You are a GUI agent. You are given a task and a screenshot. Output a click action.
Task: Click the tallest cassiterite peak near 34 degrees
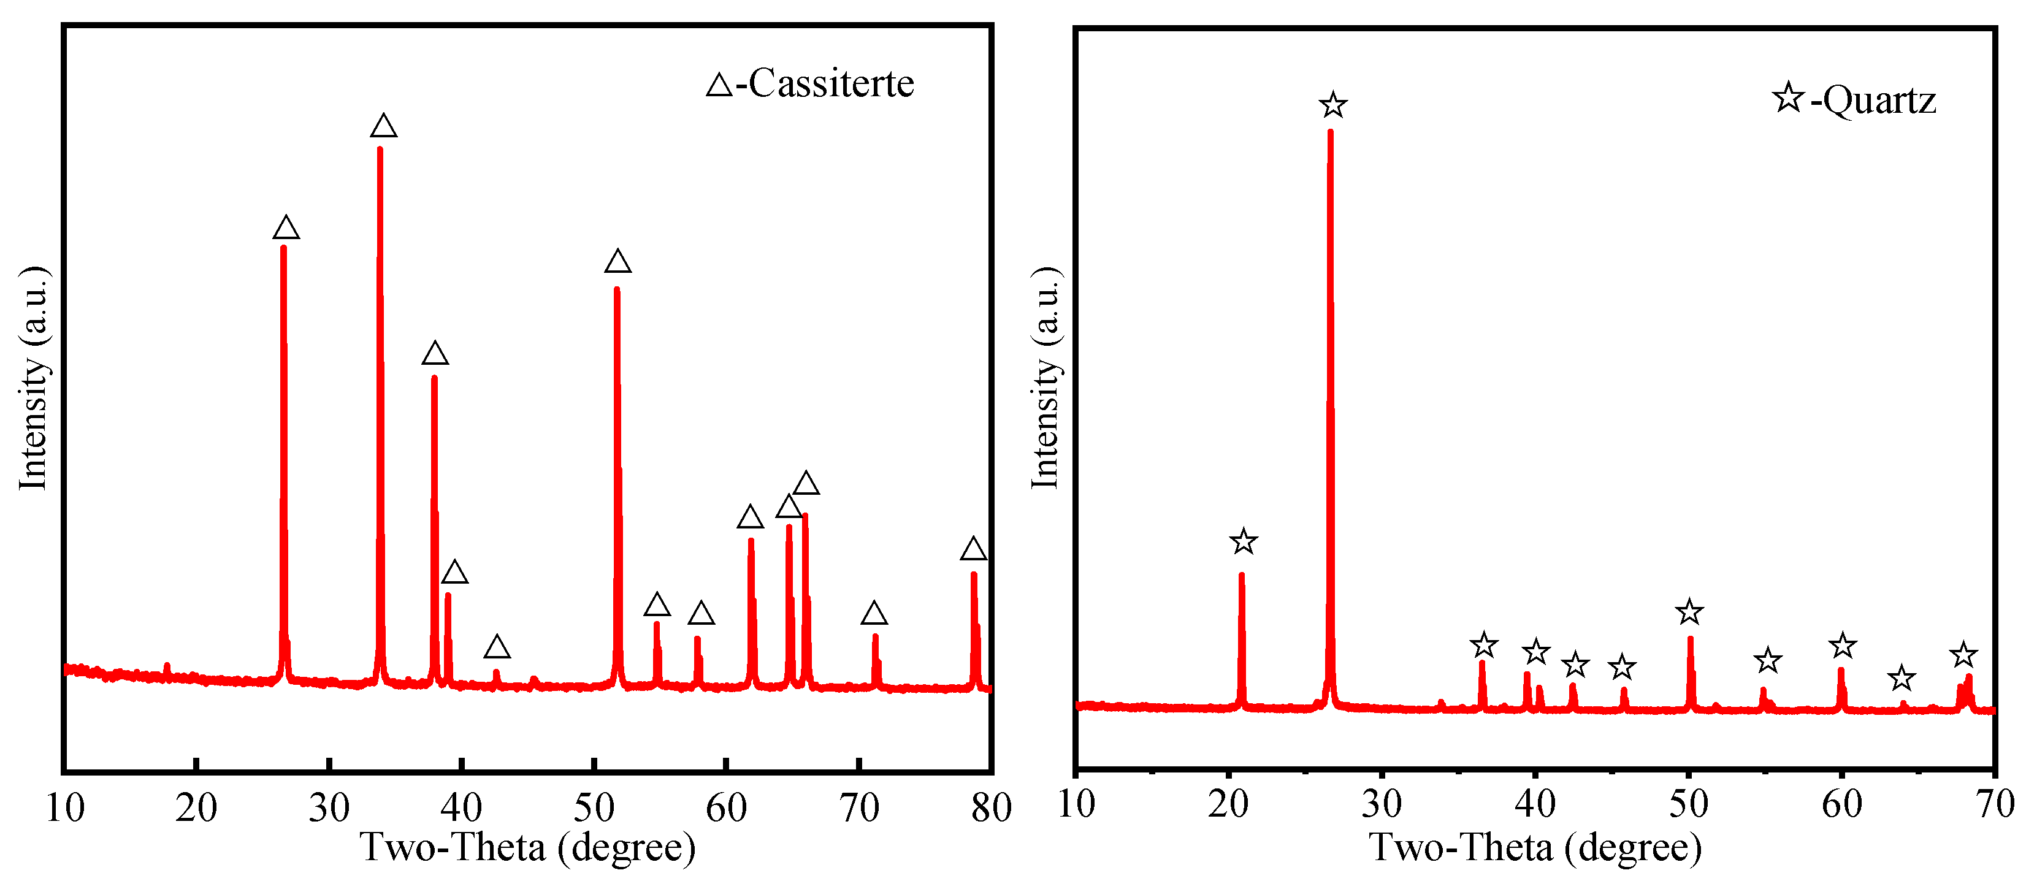click(380, 150)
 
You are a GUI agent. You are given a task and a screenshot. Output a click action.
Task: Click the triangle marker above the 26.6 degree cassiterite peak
click(286, 228)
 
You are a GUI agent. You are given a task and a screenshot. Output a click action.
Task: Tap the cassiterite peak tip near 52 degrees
click(617, 289)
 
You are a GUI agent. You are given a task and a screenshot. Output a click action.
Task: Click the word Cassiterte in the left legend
click(831, 83)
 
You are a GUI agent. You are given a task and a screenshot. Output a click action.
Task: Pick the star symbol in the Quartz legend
click(1787, 98)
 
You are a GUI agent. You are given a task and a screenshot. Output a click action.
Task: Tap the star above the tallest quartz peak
click(1333, 105)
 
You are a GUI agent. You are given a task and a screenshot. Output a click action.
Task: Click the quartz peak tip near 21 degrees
click(1242, 575)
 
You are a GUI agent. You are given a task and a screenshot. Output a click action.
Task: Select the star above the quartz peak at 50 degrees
click(1689, 612)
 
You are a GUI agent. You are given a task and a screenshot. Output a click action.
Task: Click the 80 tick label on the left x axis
click(991, 808)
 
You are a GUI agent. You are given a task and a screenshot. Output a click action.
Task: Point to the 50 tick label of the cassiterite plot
click(594, 808)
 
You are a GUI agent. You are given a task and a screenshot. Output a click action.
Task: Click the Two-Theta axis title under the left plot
click(528, 848)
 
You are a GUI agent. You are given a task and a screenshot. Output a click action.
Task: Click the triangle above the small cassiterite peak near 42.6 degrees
click(496, 647)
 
